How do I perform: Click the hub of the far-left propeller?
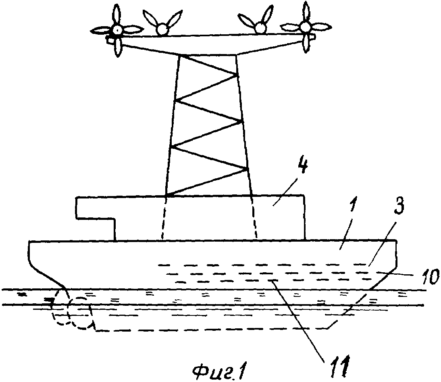click(117, 29)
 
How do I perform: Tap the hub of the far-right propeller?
click(305, 27)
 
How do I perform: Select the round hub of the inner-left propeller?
click(162, 29)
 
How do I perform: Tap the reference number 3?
click(398, 205)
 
